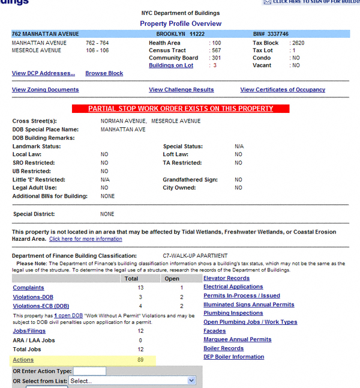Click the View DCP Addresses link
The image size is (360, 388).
click(x=43, y=73)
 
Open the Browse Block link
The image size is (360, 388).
click(x=104, y=73)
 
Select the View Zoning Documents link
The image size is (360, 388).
click(x=45, y=89)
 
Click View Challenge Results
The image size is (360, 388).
click(x=181, y=89)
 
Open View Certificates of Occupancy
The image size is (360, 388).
click(x=283, y=89)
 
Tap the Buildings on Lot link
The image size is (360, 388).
click(x=171, y=65)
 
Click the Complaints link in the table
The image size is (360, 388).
click(x=28, y=288)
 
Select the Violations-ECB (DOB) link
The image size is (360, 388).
click(x=41, y=306)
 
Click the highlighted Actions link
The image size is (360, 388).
click(x=23, y=360)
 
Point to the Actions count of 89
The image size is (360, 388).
click(x=140, y=360)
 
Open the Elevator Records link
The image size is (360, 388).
click(x=226, y=278)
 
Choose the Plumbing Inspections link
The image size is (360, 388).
click(x=233, y=313)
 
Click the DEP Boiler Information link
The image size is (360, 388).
click(x=233, y=357)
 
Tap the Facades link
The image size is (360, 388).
click(x=215, y=331)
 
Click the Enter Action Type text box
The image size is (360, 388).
click(x=89, y=371)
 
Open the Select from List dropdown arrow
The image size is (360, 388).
click(x=191, y=381)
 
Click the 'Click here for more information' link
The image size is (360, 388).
click(x=85, y=239)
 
